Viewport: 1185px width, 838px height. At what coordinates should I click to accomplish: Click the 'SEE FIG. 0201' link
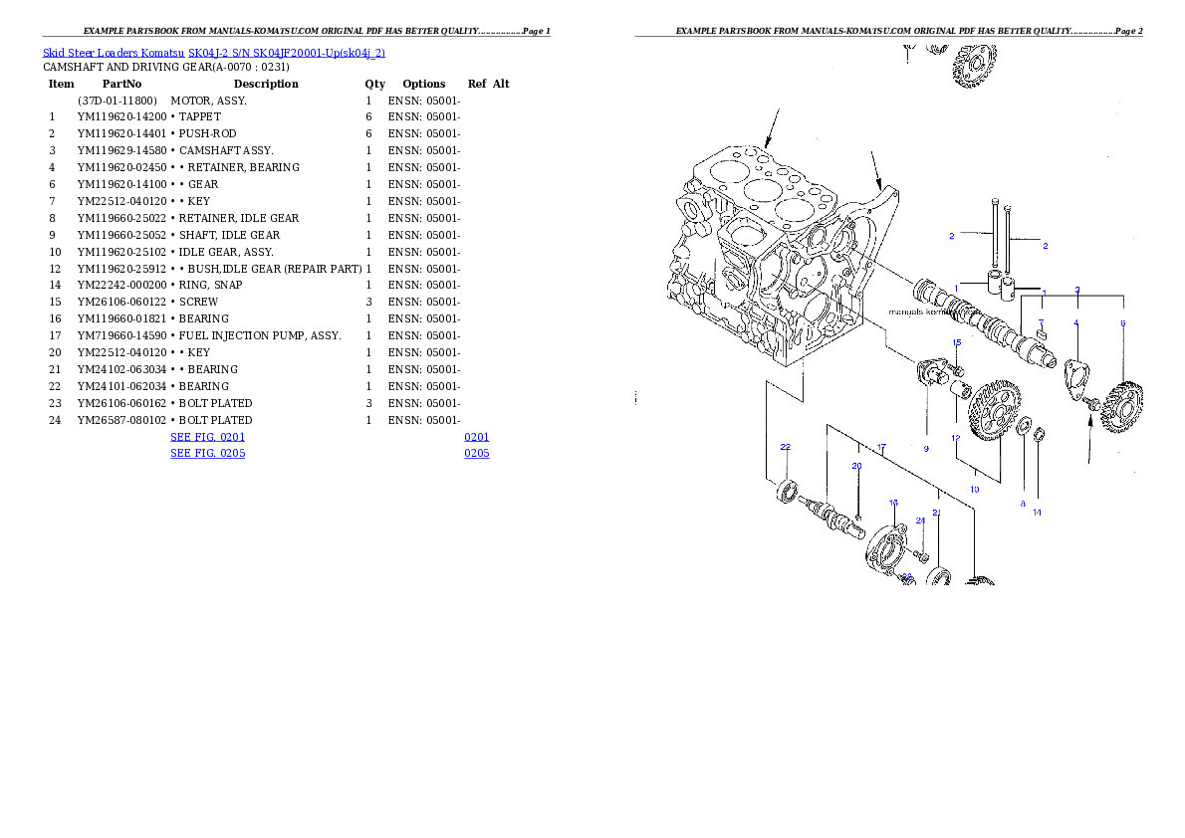point(207,437)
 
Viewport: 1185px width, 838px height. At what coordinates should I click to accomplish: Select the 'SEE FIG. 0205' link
point(207,453)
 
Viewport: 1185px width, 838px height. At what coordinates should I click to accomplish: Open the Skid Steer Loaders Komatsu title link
point(213,53)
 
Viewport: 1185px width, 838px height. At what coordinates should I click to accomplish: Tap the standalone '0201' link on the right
point(476,437)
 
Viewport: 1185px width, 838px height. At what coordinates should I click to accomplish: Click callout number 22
point(785,447)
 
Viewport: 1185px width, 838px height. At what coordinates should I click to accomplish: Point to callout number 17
point(880,448)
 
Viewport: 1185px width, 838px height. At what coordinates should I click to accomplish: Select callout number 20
point(856,466)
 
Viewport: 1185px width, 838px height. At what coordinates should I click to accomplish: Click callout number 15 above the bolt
point(956,342)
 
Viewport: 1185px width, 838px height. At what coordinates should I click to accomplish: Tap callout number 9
point(925,449)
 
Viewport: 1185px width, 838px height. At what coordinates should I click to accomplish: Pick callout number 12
point(955,438)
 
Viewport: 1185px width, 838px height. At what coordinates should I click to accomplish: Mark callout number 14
point(1037,513)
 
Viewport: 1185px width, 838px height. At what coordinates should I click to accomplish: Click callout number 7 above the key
point(1041,321)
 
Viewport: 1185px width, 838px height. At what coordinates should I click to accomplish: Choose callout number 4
point(1075,322)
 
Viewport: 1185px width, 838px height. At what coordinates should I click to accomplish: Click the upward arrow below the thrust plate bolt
point(1091,438)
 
